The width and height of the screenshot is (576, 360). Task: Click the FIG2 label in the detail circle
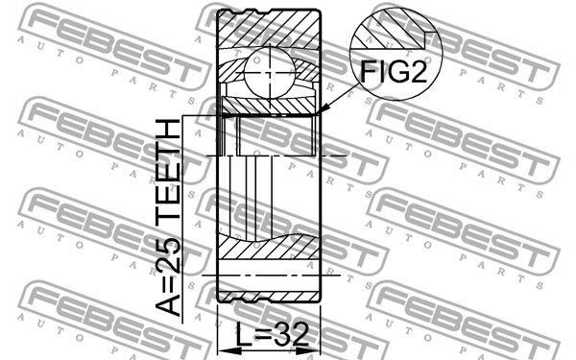394,71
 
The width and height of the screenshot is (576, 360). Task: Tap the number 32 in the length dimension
291,334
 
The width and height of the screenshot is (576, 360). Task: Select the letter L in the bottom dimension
243,334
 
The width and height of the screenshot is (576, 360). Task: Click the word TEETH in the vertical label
168,170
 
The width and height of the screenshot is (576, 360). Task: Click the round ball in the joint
270,74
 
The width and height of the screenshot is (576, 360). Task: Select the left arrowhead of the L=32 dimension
225,350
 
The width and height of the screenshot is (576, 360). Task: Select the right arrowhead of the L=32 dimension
313,350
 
